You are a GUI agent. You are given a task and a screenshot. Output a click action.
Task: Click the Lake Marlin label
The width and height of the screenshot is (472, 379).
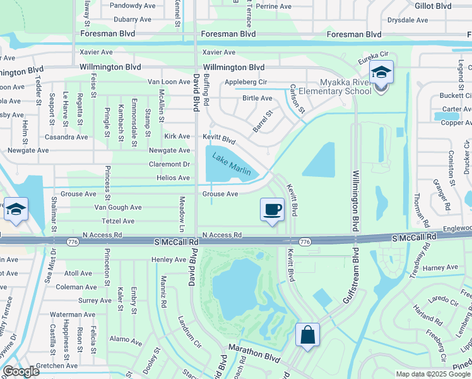(231, 164)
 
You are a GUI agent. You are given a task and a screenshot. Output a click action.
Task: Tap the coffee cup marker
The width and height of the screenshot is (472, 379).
(272, 209)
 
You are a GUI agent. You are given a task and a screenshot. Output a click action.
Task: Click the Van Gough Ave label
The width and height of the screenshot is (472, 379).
(117, 207)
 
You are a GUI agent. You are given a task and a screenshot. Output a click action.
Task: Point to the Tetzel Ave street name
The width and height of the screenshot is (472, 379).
(118, 221)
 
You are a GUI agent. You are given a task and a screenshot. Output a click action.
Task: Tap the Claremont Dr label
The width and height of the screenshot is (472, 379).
(169, 164)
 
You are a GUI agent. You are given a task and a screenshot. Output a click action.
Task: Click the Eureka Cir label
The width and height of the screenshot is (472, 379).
(372, 59)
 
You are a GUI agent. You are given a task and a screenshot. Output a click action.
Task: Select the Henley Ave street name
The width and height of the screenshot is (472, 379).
(168, 260)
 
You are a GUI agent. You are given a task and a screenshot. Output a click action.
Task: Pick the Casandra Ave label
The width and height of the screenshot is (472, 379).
(66, 137)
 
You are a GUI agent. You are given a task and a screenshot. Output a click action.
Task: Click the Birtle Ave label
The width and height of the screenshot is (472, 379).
(257, 99)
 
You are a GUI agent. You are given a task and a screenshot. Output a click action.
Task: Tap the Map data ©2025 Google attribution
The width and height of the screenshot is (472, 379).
(432, 374)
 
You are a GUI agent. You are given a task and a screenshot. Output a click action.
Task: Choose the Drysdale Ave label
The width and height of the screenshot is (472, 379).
(409, 20)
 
